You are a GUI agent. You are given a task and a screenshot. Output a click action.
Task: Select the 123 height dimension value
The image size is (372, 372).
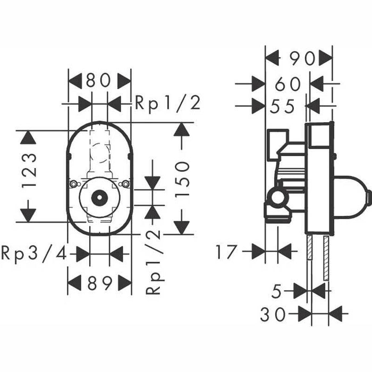[29, 171]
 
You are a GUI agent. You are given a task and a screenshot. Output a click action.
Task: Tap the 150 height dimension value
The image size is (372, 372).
[182, 179]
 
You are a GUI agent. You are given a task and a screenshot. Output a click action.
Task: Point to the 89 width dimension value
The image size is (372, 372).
[100, 283]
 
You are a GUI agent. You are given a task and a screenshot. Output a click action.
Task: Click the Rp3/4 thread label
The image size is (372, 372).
[33, 254]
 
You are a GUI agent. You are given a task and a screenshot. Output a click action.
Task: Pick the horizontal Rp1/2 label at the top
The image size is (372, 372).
[168, 104]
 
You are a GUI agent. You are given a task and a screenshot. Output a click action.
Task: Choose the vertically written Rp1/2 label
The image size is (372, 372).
[155, 263]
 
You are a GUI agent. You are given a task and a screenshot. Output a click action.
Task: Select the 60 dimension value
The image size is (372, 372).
[288, 84]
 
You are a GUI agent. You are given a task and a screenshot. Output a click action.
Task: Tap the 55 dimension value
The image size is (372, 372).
[282, 106]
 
